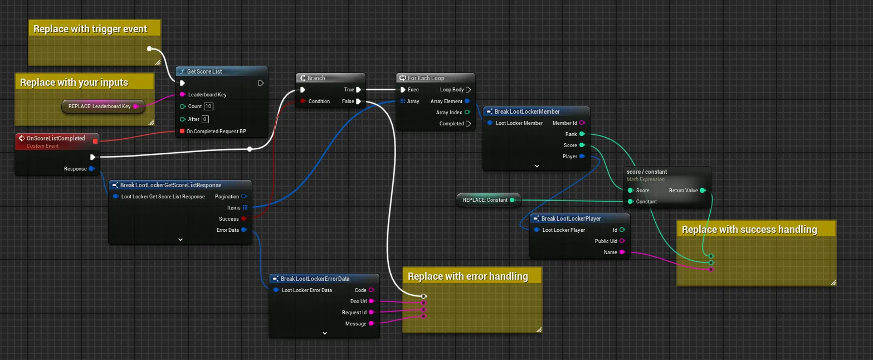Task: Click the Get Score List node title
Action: [x=204, y=71]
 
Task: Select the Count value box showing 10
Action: [x=208, y=106]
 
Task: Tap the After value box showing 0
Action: [x=205, y=119]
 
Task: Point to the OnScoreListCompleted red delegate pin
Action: [x=95, y=141]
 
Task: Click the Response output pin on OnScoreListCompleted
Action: [x=91, y=168]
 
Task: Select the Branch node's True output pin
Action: [x=359, y=90]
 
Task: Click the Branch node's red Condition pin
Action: [x=303, y=101]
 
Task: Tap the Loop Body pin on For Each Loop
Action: [x=468, y=90]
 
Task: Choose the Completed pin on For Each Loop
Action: [x=468, y=124]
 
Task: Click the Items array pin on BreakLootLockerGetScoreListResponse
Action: [x=245, y=207]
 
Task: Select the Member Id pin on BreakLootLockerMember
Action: [x=582, y=123]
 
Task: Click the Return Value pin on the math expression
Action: [x=703, y=191]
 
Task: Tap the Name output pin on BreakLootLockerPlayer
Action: [x=622, y=252]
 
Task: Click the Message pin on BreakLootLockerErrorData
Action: [x=372, y=323]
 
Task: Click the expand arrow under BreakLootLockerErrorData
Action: [x=325, y=333]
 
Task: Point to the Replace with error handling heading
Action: [x=467, y=276]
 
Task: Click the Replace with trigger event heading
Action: [x=90, y=29]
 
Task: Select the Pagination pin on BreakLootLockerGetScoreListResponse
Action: [x=245, y=196]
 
